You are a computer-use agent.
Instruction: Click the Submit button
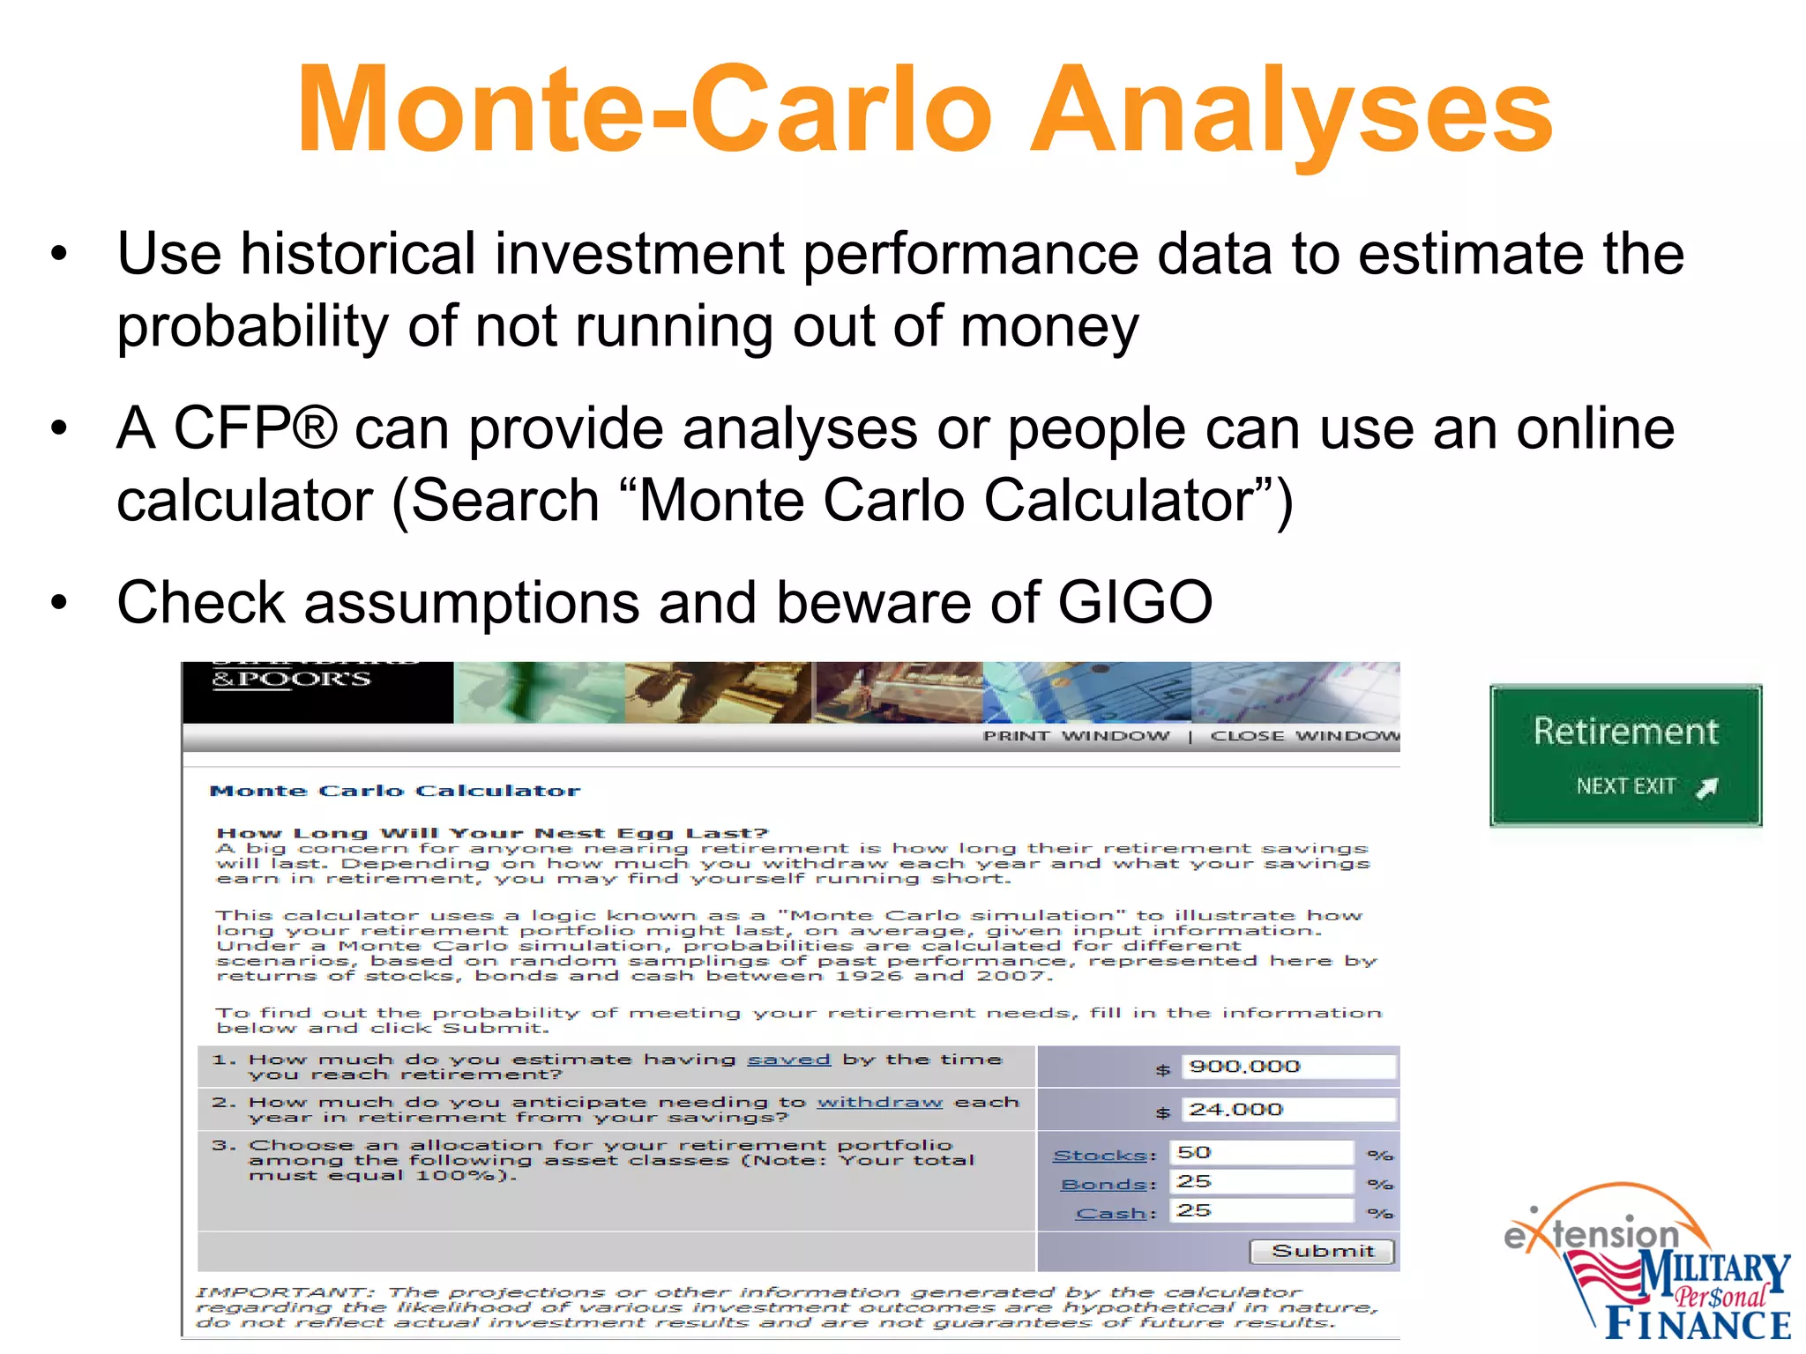point(1322,1251)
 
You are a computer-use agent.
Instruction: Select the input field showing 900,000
point(1287,1067)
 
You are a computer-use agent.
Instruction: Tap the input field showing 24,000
point(1287,1110)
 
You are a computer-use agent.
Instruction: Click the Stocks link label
point(1100,1155)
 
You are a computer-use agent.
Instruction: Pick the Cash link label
point(1111,1213)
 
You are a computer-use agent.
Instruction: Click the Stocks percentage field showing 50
point(1261,1153)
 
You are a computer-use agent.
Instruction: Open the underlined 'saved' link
point(788,1059)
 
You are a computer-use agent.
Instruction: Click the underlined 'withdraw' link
point(879,1102)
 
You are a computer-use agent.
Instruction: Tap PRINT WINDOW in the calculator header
point(1076,736)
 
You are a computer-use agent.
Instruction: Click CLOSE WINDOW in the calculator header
point(1304,736)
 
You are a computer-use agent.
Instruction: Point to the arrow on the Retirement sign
point(1707,787)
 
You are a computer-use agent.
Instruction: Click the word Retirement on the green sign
point(1625,732)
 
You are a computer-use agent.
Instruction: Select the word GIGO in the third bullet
point(1135,603)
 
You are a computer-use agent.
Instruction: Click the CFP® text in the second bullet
point(255,428)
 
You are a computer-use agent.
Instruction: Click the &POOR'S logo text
point(291,680)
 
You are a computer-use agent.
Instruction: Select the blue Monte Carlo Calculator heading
point(394,791)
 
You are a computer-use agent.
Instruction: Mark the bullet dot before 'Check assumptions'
point(59,604)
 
